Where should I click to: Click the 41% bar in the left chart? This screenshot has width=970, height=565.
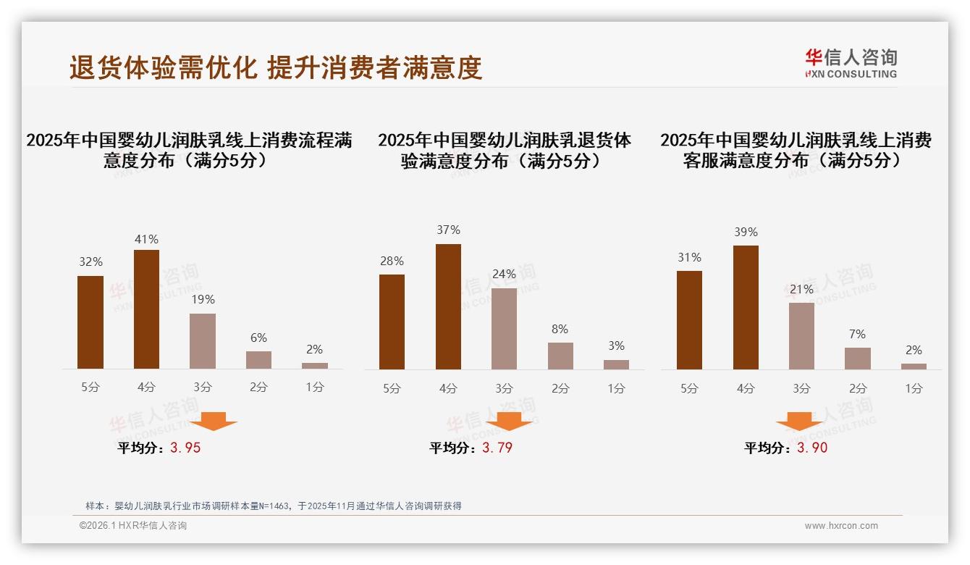[147, 309]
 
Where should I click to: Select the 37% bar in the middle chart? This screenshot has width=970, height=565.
[448, 306]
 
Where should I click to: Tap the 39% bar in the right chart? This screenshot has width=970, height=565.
[746, 307]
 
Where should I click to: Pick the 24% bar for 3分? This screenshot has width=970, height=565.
[504, 329]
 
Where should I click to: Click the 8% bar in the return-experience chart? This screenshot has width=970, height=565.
[560, 356]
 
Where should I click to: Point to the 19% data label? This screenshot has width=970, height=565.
[203, 299]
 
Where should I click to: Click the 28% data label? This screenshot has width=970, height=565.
[392, 261]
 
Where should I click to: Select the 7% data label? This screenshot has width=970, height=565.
[858, 334]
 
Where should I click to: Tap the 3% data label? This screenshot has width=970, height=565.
[616, 346]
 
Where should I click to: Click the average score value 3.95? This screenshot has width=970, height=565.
[185, 448]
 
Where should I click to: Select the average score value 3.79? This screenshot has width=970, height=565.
[497, 448]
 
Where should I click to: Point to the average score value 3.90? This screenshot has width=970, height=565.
[812, 448]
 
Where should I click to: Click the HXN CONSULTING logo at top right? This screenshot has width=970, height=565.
[851, 63]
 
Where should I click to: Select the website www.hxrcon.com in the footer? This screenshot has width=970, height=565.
[841, 526]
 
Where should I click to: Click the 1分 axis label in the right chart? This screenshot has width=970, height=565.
[914, 388]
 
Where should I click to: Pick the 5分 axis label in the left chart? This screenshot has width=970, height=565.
[90, 387]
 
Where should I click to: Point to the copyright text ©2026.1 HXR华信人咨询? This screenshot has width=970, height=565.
[132, 526]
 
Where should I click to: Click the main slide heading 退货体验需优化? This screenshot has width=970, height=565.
[163, 68]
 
